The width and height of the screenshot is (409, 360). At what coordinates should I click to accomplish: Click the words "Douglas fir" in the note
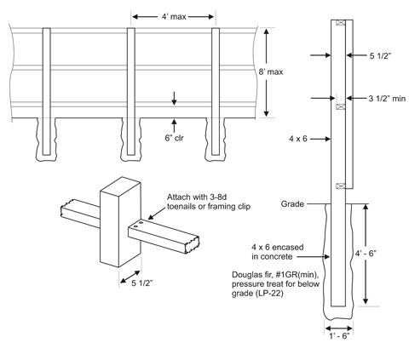click(x=251, y=273)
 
